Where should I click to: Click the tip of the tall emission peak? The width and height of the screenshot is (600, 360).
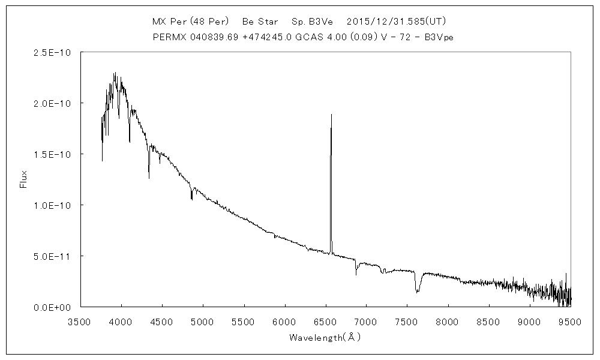331,114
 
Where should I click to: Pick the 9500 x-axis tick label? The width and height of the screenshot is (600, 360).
569,321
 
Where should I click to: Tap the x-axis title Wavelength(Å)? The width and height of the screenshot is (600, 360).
325,337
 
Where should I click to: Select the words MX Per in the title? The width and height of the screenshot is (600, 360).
169,21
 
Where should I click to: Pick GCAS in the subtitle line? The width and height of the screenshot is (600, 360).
305,36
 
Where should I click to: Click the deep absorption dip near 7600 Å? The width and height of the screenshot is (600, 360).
418,292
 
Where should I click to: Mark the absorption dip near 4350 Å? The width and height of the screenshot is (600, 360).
149,178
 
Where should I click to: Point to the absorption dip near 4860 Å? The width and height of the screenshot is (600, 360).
191,199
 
